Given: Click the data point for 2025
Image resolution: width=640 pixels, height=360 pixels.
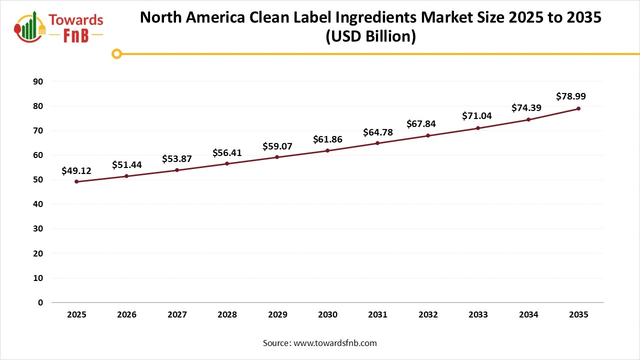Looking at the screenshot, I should (76, 181).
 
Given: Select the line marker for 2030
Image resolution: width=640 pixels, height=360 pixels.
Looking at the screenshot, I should (327, 150).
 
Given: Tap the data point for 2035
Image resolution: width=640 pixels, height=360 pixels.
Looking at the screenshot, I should (578, 108).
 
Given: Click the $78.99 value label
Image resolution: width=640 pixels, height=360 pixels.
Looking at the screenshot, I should (570, 96).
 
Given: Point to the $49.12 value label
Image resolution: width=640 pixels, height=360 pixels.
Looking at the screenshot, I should (76, 171).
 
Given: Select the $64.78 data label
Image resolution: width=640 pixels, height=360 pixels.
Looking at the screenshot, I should (377, 132).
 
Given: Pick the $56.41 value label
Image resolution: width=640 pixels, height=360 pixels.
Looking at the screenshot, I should (227, 153).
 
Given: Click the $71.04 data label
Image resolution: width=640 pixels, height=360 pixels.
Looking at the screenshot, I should (477, 116).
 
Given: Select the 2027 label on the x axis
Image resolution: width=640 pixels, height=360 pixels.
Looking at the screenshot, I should (177, 315).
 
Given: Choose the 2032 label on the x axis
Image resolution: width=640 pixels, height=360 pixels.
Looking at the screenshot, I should (428, 315).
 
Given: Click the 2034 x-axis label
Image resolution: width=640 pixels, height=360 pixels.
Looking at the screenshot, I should (528, 315).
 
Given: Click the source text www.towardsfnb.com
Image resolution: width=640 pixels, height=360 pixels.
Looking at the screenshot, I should (334, 343).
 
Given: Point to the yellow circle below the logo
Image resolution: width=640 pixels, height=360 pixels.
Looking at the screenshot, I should (116, 54).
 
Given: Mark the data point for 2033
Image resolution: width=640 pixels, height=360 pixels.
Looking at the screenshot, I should (478, 128).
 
